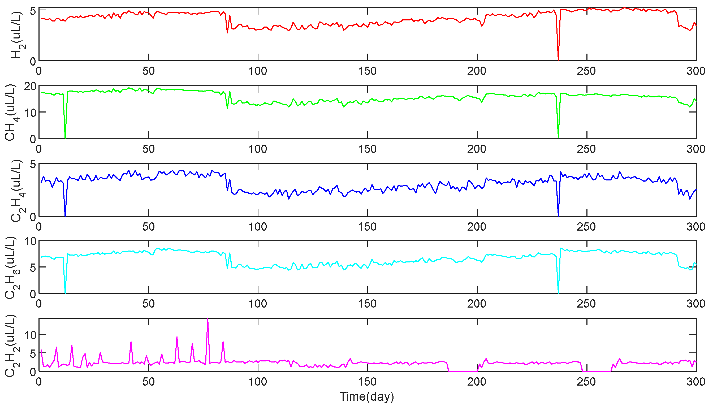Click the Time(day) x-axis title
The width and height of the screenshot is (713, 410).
pos(366,396)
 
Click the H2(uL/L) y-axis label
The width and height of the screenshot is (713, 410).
pos(16,35)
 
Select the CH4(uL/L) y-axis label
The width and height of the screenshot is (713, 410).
pos(10,112)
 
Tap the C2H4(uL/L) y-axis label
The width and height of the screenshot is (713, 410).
pos(16,191)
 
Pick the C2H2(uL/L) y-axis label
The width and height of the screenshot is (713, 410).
pos(10,346)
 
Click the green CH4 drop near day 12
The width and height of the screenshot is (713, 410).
pos(65,137)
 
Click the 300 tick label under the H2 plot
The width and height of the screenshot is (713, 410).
pos(695,71)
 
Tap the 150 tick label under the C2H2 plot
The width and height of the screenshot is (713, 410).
pos(367,382)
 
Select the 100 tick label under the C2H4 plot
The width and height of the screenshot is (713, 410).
pos(258,227)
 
